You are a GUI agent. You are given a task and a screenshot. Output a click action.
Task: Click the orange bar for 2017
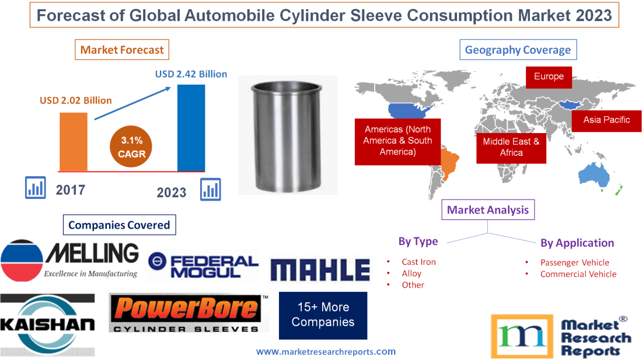click(73, 141)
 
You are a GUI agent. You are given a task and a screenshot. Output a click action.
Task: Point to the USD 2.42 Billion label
click(191, 74)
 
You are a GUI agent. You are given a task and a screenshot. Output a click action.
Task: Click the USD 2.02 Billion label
click(76, 100)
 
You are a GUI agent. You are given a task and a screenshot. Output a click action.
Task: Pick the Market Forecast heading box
click(122, 50)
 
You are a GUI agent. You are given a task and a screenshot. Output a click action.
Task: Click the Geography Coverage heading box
click(518, 50)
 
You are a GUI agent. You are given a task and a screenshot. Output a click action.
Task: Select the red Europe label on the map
click(549, 76)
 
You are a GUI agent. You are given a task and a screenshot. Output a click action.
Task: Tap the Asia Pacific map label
click(606, 120)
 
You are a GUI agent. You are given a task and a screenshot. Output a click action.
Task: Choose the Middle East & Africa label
click(511, 147)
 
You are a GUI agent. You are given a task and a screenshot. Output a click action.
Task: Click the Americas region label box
click(397, 141)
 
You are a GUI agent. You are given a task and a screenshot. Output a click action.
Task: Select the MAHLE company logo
click(320, 270)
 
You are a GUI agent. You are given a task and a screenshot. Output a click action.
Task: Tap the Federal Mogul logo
click(203, 267)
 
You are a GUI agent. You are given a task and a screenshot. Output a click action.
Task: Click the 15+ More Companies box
click(323, 314)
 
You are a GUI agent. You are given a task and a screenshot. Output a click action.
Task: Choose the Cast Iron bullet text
click(418, 262)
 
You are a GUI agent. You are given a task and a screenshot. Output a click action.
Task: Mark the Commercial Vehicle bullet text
click(578, 274)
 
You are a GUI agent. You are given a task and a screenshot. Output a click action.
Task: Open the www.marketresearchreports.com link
click(326, 351)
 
